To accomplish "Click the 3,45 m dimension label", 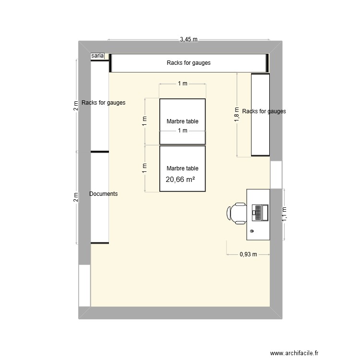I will click(189, 39).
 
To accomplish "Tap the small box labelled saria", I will click(97, 56).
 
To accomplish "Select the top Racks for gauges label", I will click(189, 63).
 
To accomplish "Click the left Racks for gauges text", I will click(104, 103).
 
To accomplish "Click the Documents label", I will click(104, 194).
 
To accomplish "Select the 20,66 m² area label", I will click(181, 180).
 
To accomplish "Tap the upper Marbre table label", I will click(182, 121).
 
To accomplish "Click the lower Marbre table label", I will click(182, 168).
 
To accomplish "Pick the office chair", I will click(238, 213).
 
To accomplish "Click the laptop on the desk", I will click(260, 213).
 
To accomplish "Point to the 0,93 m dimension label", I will click(249, 255).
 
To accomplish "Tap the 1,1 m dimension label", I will click(284, 213).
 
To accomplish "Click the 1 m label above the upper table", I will click(182, 84).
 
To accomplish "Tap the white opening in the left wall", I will click(84, 285).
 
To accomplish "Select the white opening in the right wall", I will click(276, 175).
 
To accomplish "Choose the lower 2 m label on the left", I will click(75, 197).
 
